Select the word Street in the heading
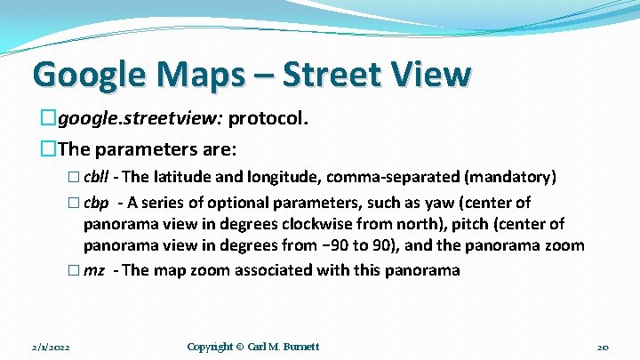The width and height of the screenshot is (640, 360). click(x=339, y=74)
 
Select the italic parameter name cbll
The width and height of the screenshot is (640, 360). click(x=97, y=178)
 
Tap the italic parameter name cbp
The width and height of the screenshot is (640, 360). click(x=96, y=202)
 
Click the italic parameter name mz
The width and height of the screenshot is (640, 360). click(x=93, y=269)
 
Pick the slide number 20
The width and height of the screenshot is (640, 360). click(x=602, y=346)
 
